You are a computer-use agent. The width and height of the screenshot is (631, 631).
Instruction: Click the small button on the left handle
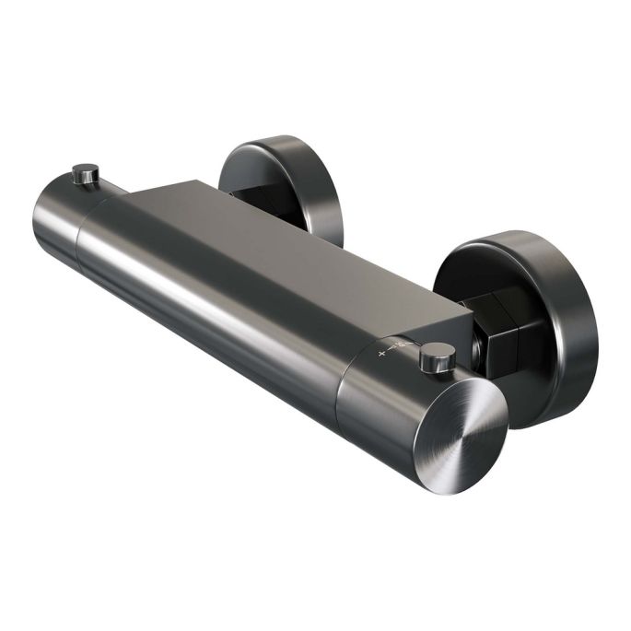86,172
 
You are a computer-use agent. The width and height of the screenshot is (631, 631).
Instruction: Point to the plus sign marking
381,352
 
